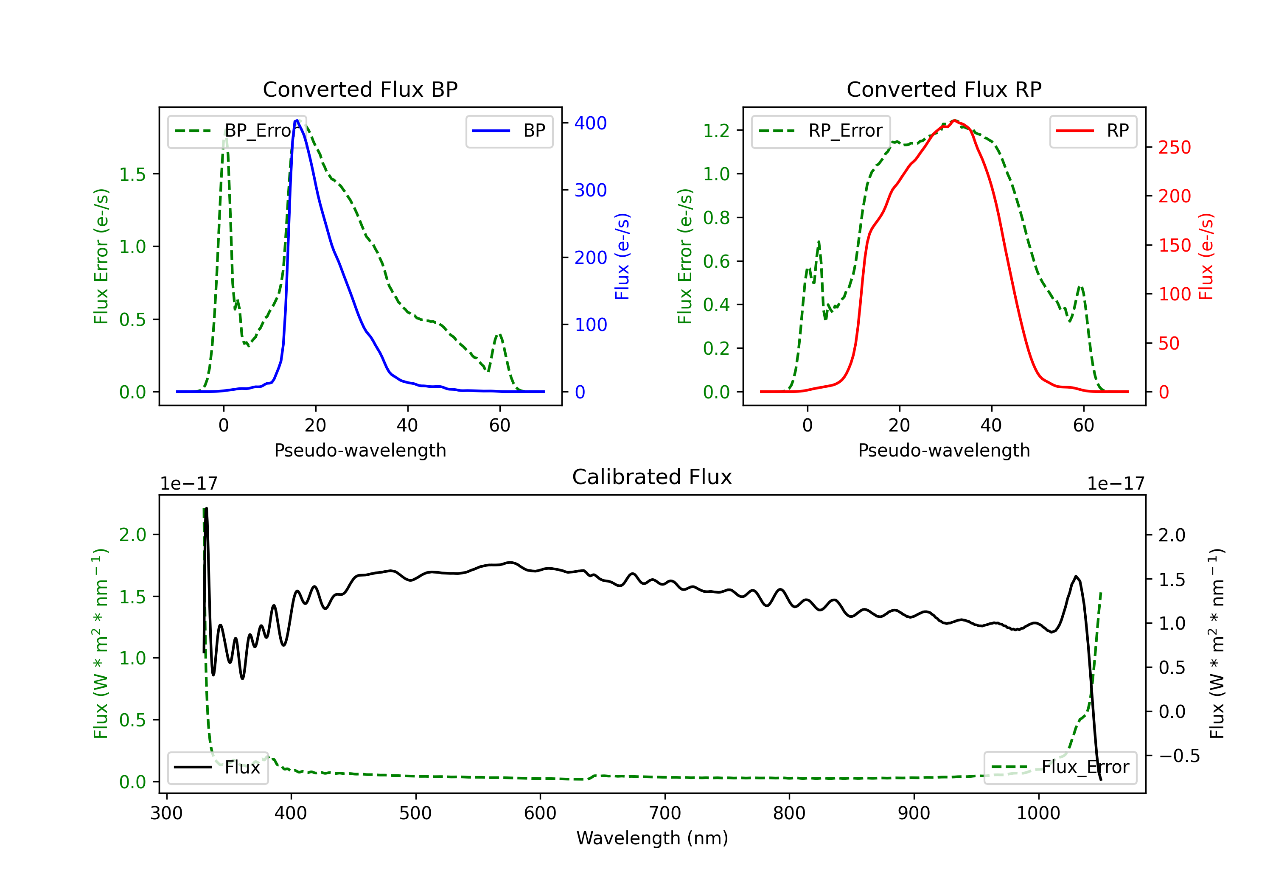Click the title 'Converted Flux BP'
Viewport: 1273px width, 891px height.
(x=360, y=89)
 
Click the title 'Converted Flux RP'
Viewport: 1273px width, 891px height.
(x=944, y=89)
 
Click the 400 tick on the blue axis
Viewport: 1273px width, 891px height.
(x=591, y=123)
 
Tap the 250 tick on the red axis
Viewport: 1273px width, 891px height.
(x=1174, y=148)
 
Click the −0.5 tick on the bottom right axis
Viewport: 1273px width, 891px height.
(x=1179, y=756)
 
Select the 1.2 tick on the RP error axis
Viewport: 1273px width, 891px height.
(x=716, y=131)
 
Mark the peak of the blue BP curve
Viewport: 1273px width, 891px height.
(x=297, y=120)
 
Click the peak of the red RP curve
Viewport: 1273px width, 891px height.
(x=953, y=120)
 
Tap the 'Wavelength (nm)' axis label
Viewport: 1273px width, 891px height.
(x=652, y=838)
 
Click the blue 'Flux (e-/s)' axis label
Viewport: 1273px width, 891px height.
(x=622, y=256)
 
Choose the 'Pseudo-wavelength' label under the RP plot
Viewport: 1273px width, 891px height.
(x=944, y=450)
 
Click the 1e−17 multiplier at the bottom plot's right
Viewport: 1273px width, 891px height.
(x=1116, y=484)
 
